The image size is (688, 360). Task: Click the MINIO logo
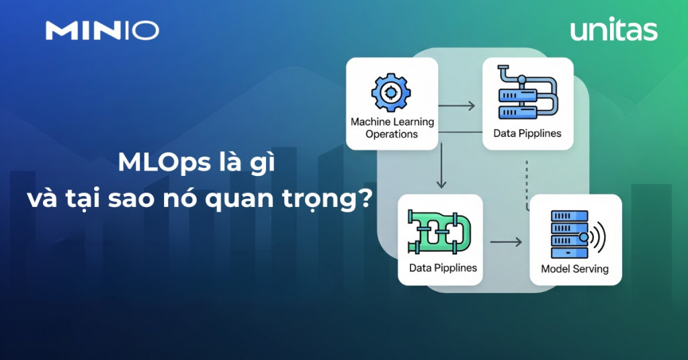(102, 31)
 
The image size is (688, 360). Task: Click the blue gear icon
(391, 92)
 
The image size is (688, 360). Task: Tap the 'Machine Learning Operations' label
(392, 128)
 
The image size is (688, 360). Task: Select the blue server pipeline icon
(527, 92)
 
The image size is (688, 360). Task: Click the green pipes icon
(439, 232)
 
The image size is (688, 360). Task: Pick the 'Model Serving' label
(575, 269)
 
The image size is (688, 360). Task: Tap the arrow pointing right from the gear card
(457, 105)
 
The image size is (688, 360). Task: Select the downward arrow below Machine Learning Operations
(441, 166)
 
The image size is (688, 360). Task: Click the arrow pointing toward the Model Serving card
(506, 242)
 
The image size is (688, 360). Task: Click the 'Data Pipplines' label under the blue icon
(527, 133)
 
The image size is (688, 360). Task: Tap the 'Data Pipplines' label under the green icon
(443, 267)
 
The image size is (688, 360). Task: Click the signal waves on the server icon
(597, 237)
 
